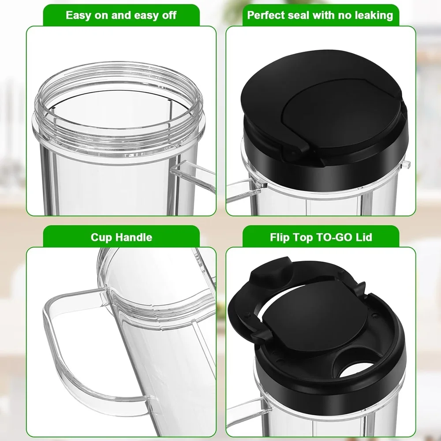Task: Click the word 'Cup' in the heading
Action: tap(101, 237)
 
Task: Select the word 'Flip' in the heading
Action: tap(279, 237)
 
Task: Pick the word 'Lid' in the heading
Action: tap(365, 237)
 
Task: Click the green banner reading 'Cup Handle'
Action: tap(122, 237)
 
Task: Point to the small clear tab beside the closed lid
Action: tap(406, 165)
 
